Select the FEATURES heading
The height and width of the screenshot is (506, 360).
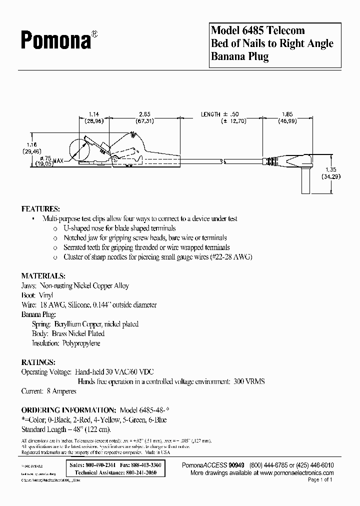coord(40,208)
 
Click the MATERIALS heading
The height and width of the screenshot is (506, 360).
coord(43,275)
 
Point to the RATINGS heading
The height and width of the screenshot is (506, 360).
coord(38,362)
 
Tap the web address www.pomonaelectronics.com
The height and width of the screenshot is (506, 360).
coord(297,472)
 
